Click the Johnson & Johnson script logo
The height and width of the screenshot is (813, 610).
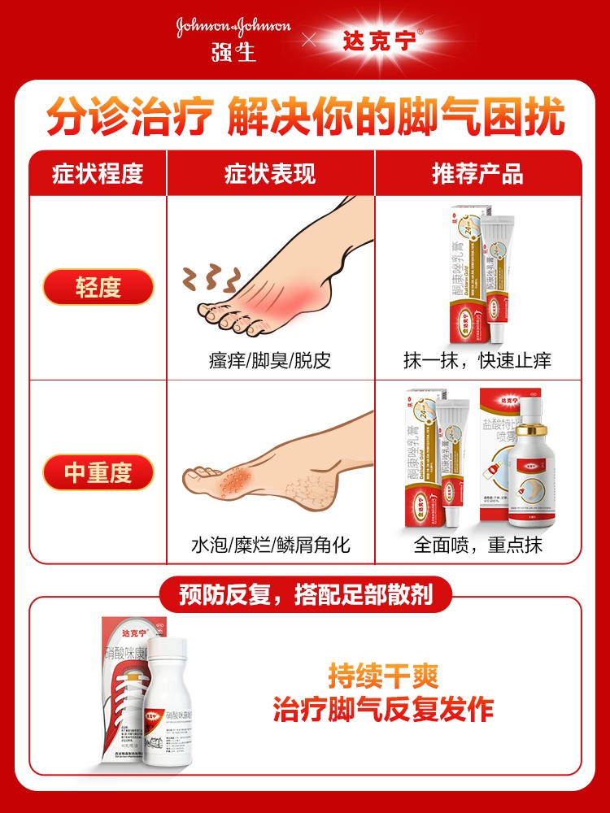[x=233, y=26]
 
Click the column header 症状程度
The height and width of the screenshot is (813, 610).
[x=98, y=173]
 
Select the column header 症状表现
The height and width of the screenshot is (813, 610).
[x=270, y=173]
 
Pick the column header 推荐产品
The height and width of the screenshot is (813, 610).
[x=477, y=173]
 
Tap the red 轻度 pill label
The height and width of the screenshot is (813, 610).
[x=98, y=287]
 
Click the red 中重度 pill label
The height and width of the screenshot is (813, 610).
[x=98, y=472]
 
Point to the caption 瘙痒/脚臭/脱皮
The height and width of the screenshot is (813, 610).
[x=270, y=360]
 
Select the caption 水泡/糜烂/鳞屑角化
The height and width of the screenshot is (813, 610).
[x=270, y=545]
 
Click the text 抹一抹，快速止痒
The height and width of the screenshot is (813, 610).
[x=477, y=360]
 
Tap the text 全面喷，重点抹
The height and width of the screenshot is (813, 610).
[x=477, y=545]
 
